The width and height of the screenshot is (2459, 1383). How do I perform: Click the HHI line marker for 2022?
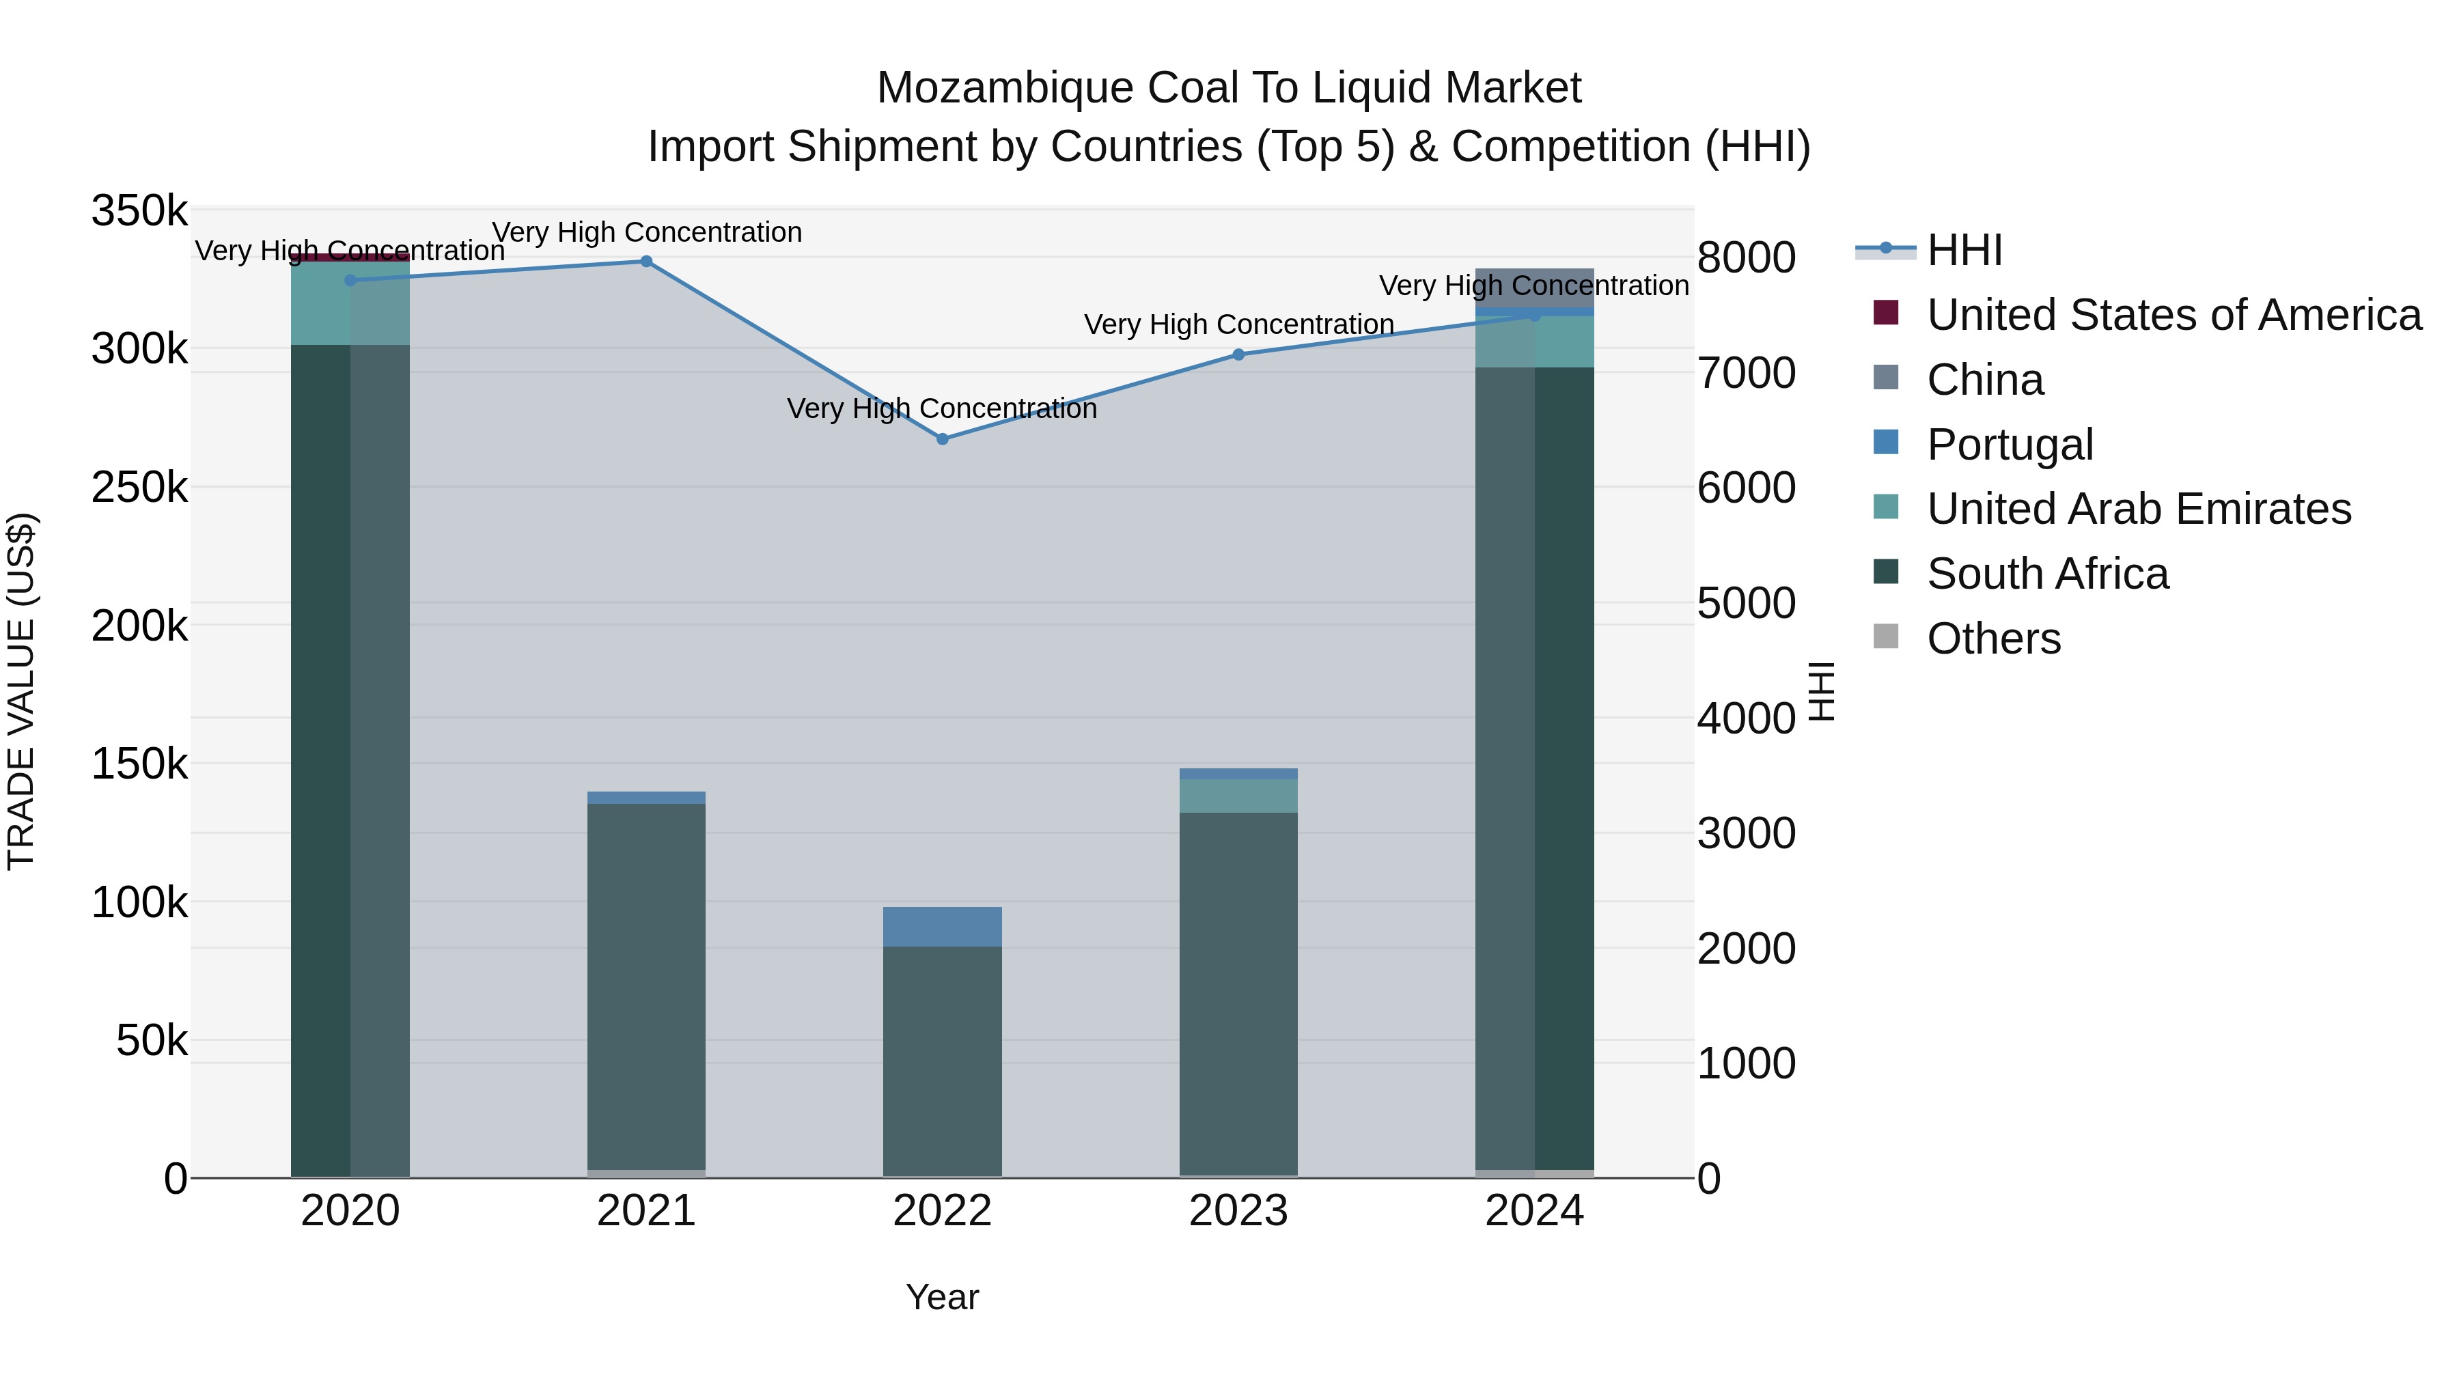(942, 439)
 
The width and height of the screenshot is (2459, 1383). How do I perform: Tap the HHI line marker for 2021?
(646, 262)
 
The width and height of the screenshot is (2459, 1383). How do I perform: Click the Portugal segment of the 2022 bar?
(942, 927)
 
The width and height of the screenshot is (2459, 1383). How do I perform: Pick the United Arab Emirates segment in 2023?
(1238, 796)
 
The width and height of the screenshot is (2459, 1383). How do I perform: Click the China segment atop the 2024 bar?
(1534, 288)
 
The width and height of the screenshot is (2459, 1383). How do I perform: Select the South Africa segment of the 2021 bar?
(646, 983)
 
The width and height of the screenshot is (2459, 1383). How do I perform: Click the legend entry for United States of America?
(2173, 315)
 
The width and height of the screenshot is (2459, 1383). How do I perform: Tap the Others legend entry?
(1993, 639)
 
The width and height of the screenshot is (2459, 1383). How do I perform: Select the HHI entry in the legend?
(1964, 250)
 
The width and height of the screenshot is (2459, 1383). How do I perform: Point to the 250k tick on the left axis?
(139, 488)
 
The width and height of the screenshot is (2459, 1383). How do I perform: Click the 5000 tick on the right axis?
(1746, 603)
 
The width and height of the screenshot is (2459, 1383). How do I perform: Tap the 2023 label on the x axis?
(1238, 1211)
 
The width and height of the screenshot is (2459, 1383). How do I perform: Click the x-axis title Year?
(942, 1297)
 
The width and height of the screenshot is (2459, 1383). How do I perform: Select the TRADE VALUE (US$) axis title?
(22, 691)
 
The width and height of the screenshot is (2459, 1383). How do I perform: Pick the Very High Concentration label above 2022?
(942, 408)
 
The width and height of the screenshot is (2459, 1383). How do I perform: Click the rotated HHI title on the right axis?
(1821, 691)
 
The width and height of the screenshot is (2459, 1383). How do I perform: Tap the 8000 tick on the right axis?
(1746, 257)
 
